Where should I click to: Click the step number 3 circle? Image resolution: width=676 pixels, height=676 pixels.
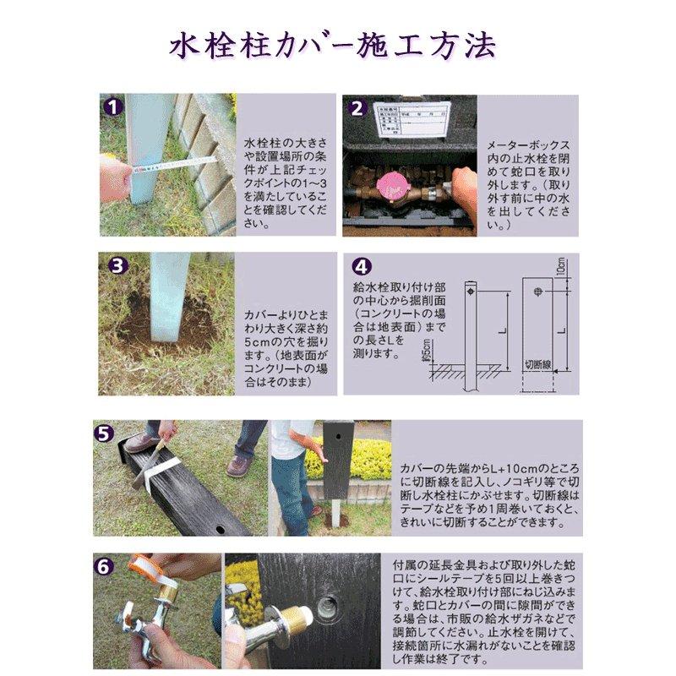[112, 265]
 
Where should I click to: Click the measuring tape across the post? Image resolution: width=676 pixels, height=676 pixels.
[177, 161]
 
